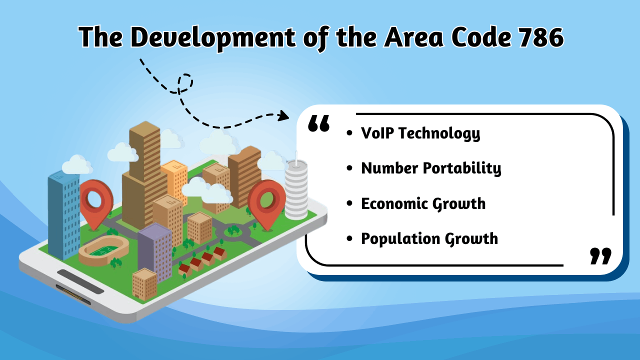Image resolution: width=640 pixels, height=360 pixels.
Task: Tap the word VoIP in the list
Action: pos(377,133)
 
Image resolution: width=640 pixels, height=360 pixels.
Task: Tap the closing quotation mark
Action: pos(600,255)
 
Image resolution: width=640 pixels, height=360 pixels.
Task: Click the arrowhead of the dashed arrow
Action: pos(284,116)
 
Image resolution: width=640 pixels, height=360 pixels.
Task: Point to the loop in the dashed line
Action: pos(185,83)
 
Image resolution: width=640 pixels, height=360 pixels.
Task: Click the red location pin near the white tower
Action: pos(266,201)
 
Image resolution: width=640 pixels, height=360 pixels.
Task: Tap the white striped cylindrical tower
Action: pos(296,189)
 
